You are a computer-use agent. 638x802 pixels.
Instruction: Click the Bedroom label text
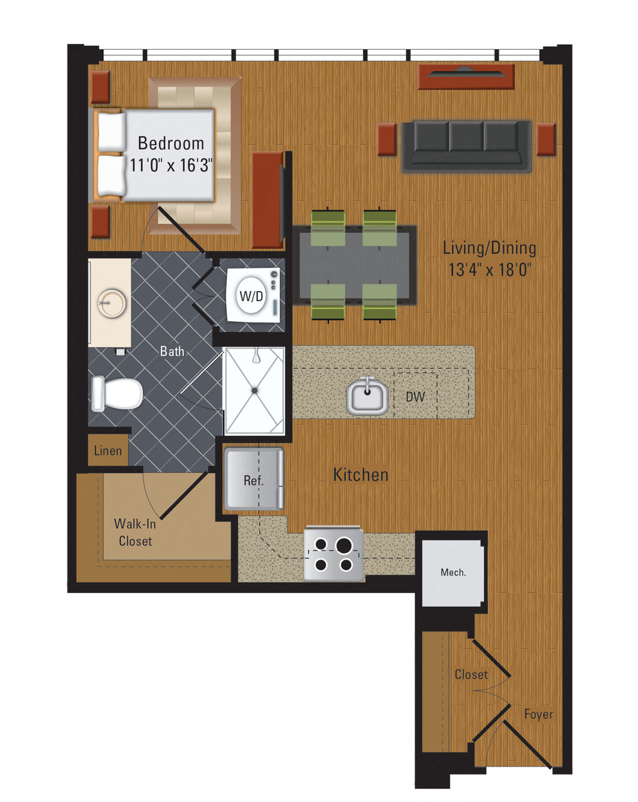tap(171, 143)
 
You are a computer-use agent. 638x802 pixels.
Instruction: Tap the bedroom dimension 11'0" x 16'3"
tap(171, 164)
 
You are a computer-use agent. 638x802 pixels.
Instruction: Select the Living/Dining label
tap(489, 247)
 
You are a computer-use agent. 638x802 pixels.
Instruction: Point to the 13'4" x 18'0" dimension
tap(489, 269)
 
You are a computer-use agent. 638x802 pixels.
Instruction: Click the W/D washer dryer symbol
tap(251, 295)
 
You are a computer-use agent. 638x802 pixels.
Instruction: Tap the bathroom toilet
tap(118, 393)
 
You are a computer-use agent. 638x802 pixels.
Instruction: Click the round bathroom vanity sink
tap(112, 303)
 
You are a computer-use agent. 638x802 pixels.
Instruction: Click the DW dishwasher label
tap(415, 396)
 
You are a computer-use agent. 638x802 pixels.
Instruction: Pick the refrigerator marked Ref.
tap(253, 480)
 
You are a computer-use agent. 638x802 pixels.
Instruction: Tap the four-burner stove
tap(333, 554)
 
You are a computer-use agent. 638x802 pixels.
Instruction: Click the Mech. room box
tap(453, 572)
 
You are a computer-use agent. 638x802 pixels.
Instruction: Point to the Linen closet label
tap(108, 451)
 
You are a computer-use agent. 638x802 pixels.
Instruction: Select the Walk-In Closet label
tap(135, 532)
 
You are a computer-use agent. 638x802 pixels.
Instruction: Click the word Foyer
tap(538, 714)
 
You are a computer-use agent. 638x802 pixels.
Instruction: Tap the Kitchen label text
tap(361, 475)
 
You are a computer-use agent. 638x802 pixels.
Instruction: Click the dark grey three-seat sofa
tap(466, 145)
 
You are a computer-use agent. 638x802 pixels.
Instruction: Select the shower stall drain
tap(254, 390)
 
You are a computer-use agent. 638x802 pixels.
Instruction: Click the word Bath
tap(172, 351)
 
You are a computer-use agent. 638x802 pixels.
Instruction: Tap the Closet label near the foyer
tap(471, 675)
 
